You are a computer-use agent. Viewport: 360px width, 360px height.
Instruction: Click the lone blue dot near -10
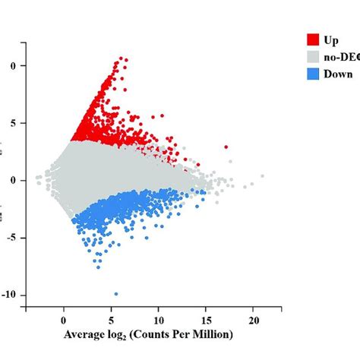coord(115,293)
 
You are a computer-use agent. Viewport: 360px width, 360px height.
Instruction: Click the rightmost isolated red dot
coord(226,147)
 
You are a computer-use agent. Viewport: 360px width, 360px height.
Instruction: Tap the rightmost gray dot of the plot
coord(261,176)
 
